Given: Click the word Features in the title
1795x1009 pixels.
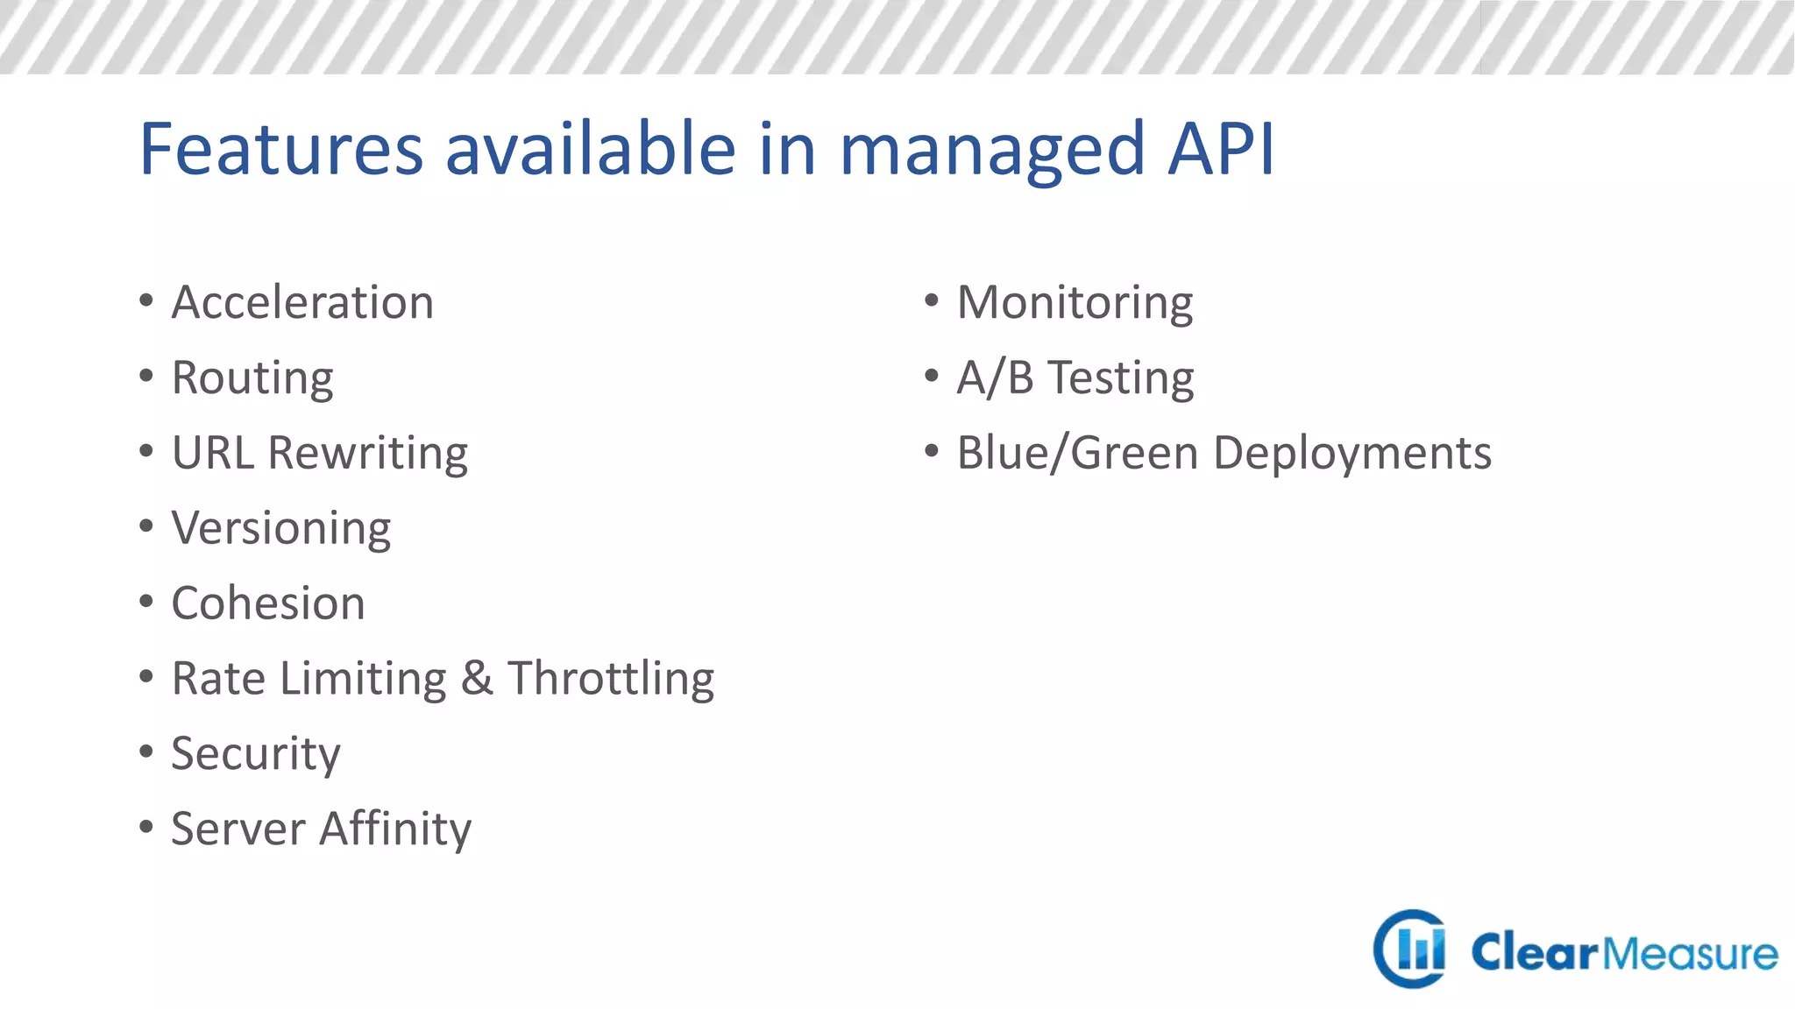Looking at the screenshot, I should pos(281,149).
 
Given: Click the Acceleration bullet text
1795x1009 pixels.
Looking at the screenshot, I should pos(302,303).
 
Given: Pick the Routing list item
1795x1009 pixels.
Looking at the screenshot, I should pos(252,378).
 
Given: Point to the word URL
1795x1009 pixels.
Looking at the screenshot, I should pos(213,453).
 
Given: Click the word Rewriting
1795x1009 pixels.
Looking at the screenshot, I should pos(368,455).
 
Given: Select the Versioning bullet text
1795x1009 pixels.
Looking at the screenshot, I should pos(280,529).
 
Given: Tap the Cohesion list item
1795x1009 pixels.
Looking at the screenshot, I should pos(268,603).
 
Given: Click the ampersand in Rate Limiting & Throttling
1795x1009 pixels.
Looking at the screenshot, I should pos(477,679).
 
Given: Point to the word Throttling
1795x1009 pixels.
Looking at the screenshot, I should pos(611,679).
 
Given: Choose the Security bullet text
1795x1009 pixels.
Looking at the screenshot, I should pos(255,754).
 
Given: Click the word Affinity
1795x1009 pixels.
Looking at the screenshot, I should pos(395,829).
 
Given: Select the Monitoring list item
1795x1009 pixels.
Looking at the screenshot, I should pos(1075,303).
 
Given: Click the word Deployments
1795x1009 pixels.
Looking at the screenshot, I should pos(1352,454).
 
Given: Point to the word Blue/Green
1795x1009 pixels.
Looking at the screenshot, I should pos(1077,454).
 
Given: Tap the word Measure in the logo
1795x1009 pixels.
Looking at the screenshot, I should pos(1691,954).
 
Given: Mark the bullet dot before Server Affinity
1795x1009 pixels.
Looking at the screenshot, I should pos(146,826).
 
